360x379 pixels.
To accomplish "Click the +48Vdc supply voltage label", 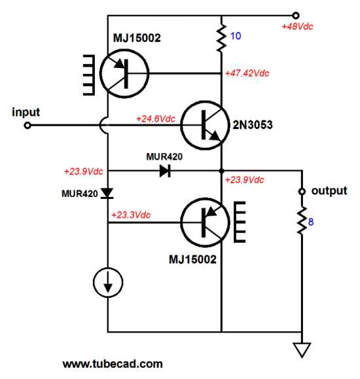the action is click(x=297, y=26).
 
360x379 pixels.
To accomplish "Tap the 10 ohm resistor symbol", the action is click(x=221, y=37).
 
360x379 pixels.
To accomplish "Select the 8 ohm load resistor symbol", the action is click(x=302, y=220).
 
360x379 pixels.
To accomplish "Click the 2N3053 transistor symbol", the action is click(x=205, y=125).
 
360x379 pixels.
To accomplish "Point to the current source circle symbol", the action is click(x=108, y=282).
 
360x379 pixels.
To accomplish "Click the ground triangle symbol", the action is click(x=302, y=350).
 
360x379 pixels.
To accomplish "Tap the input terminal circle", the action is click(x=27, y=126).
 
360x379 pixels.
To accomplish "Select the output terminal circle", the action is click(x=302, y=191).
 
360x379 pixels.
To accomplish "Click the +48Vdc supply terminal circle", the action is click(x=296, y=16).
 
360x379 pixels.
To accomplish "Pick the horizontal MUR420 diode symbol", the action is click(x=165, y=171).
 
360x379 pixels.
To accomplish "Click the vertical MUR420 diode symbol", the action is click(x=107, y=194).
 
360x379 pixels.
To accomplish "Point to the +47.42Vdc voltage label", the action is click(x=247, y=73).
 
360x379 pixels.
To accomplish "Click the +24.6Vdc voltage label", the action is click(x=156, y=119).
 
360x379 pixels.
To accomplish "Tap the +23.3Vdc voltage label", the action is click(x=131, y=215).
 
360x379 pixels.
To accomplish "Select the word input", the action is click(x=26, y=113).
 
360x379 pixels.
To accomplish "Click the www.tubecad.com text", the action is click(x=113, y=364).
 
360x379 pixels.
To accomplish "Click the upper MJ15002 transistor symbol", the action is click(x=124, y=73).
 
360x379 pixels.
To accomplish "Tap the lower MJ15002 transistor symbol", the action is click(x=205, y=223).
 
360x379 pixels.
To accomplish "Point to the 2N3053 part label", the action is click(x=253, y=125).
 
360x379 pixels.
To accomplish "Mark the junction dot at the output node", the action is click(x=221, y=171).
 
